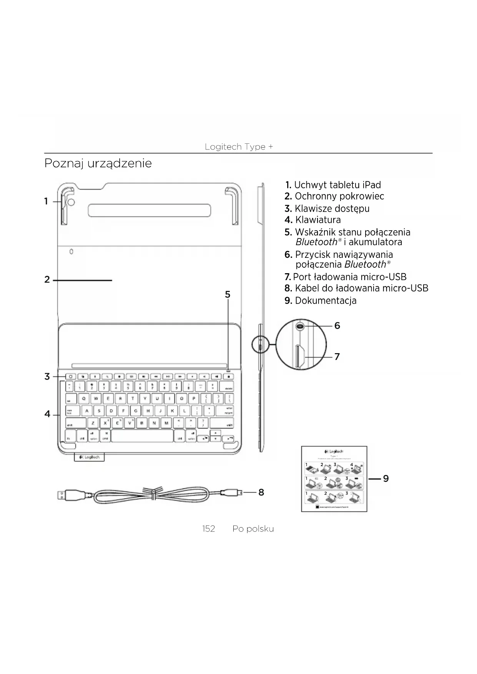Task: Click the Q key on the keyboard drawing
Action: click(x=84, y=398)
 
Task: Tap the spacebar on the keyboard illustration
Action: click(x=142, y=436)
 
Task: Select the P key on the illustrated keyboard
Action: click(x=194, y=398)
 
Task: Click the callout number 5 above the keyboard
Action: click(x=228, y=295)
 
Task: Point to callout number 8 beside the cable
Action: click(x=261, y=492)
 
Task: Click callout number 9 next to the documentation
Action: click(x=386, y=478)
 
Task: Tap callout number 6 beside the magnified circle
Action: click(x=337, y=326)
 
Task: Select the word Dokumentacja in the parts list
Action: click(x=326, y=300)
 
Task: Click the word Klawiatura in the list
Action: click(x=318, y=220)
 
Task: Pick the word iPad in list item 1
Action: click(x=371, y=185)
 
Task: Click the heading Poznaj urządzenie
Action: click(x=98, y=163)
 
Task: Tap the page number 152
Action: click(x=209, y=529)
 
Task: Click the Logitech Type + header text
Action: click(x=239, y=147)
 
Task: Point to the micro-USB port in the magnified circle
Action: click(x=300, y=357)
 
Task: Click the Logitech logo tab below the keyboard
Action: click(x=89, y=457)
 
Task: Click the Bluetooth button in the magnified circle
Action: click(x=300, y=326)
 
